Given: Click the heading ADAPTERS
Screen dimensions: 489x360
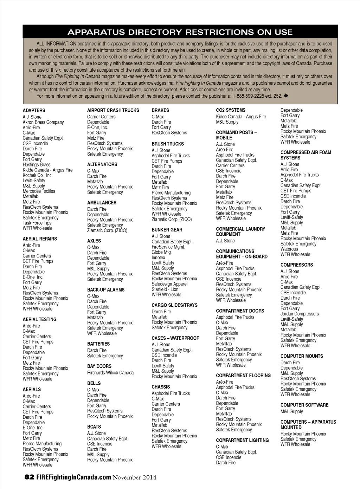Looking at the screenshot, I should click(34, 110).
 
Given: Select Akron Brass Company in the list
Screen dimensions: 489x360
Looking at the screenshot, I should click(43, 122).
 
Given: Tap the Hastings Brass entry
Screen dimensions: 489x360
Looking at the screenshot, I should click(37, 165).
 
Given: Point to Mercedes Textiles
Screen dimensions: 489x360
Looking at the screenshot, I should click(39, 191).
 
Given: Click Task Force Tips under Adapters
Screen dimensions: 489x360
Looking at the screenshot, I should click(37, 223).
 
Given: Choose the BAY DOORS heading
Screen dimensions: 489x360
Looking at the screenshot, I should click(99, 366).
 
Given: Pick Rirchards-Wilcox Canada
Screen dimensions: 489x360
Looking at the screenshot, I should click(110, 373).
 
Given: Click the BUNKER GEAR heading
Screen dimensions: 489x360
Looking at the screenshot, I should click(167, 230).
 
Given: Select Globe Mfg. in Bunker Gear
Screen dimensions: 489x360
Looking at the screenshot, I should click(162, 252).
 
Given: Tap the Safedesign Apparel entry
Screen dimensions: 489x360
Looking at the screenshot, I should click(169, 284).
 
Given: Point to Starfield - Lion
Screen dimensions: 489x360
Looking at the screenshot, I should click(165, 289).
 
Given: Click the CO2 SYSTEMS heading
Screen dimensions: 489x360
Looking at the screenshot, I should click(231, 110).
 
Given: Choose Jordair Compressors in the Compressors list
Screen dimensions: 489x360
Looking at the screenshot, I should click(300, 314).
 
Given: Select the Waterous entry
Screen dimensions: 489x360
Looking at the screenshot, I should click(289, 249).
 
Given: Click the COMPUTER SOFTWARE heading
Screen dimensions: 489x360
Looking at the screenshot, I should click(304, 405).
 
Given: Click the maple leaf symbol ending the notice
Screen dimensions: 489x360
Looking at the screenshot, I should click(286, 96).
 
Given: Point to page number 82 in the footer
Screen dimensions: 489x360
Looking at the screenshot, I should click(29, 477).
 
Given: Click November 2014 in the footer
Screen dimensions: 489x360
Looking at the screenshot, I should click(135, 477).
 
